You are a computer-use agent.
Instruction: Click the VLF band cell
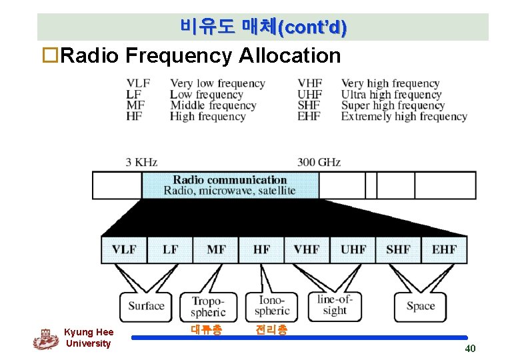coord(123,249)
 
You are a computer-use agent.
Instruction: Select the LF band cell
coord(171,249)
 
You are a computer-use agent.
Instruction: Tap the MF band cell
coord(216,249)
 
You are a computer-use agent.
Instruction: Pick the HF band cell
coord(261,249)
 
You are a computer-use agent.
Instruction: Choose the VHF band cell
coord(307,249)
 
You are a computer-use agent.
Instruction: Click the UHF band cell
coord(353,249)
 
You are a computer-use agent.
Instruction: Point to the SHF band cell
coord(398,249)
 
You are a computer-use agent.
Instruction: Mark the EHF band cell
coord(444,249)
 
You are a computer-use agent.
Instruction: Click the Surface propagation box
coord(146,306)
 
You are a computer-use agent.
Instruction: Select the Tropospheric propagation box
coord(209,307)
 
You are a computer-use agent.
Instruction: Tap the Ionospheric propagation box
coord(272,307)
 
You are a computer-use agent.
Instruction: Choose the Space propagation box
coord(420,306)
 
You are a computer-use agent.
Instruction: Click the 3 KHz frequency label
coord(141,162)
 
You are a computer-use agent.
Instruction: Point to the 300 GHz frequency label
coord(319,162)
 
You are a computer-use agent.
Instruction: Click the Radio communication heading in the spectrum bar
coord(229,180)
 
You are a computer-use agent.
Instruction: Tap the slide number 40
coord(470,349)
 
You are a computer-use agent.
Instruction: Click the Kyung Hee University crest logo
coord(45,339)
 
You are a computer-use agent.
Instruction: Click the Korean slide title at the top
coord(263,27)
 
